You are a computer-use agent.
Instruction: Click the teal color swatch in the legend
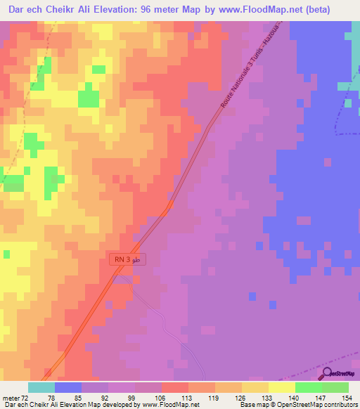41,387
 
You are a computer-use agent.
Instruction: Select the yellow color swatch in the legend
281,387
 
